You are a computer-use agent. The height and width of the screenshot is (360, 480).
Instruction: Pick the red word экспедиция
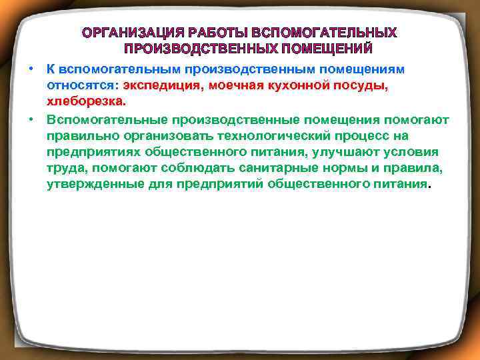(x=163, y=86)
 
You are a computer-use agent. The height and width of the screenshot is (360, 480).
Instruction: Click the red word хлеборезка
(x=85, y=103)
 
